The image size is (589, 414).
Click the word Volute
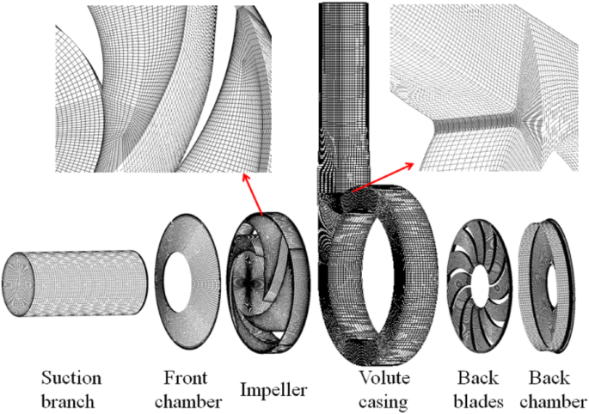pos(384,378)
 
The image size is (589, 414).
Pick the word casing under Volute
pos(384,400)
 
